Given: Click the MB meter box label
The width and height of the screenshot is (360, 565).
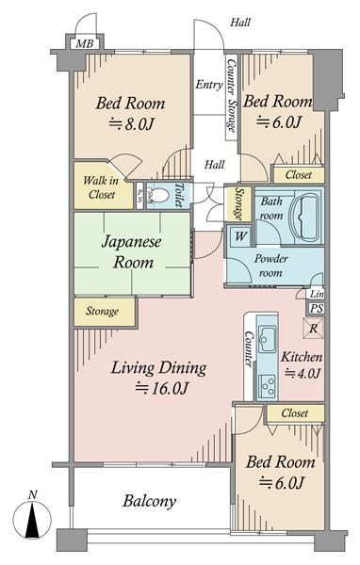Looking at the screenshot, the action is click(x=85, y=44).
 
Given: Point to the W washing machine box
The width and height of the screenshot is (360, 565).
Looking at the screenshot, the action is click(x=241, y=236).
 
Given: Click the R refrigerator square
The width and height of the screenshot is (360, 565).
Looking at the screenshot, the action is click(x=313, y=329).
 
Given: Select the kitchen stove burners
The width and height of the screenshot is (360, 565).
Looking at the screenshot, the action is click(x=268, y=387).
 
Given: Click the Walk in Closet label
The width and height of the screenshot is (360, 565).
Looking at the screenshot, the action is click(x=100, y=187).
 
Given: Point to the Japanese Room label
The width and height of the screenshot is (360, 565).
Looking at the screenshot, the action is click(x=132, y=251).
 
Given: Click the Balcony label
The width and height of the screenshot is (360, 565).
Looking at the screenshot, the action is click(x=149, y=501).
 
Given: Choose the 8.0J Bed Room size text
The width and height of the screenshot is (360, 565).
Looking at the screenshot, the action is click(x=131, y=124).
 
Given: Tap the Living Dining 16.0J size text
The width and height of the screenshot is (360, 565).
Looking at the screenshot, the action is click(x=161, y=388).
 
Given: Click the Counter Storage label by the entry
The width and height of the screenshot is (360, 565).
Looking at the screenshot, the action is click(x=231, y=95).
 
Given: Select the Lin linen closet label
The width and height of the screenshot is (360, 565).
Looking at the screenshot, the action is click(x=317, y=295).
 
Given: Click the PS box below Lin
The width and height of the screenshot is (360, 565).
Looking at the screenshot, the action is click(x=317, y=309).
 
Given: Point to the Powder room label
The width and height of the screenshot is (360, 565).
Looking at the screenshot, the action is click(x=270, y=266).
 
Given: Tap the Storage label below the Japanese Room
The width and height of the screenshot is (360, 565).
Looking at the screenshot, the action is click(x=102, y=311).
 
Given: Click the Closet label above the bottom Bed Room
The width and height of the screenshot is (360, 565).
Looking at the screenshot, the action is click(x=295, y=413).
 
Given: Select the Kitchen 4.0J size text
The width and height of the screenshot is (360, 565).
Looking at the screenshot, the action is click(x=303, y=373).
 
